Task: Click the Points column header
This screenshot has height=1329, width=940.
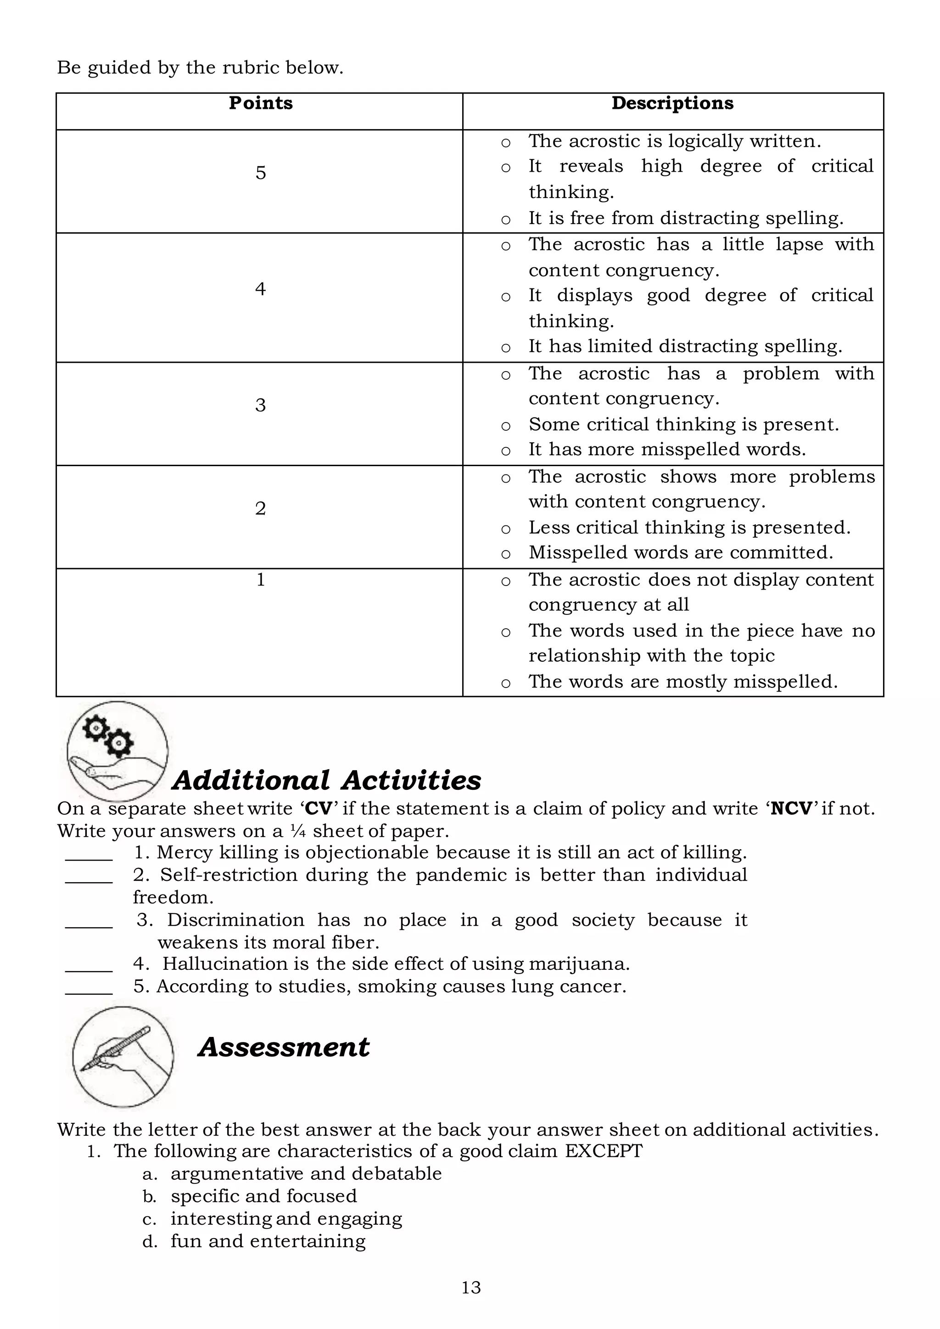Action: pyautogui.click(x=260, y=103)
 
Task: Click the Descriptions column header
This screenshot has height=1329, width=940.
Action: pyautogui.click(x=672, y=103)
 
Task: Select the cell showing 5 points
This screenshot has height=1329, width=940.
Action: pyautogui.click(x=260, y=173)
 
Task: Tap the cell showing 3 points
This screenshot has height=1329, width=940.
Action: pyautogui.click(x=260, y=405)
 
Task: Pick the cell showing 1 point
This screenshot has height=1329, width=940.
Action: pyautogui.click(x=260, y=580)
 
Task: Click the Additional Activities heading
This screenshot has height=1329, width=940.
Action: pyautogui.click(x=326, y=780)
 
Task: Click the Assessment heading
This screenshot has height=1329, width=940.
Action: pyautogui.click(x=284, y=1047)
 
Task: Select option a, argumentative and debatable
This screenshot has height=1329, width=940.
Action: pyautogui.click(x=306, y=1174)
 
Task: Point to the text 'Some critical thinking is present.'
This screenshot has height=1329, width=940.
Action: pyautogui.click(x=683, y=424)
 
